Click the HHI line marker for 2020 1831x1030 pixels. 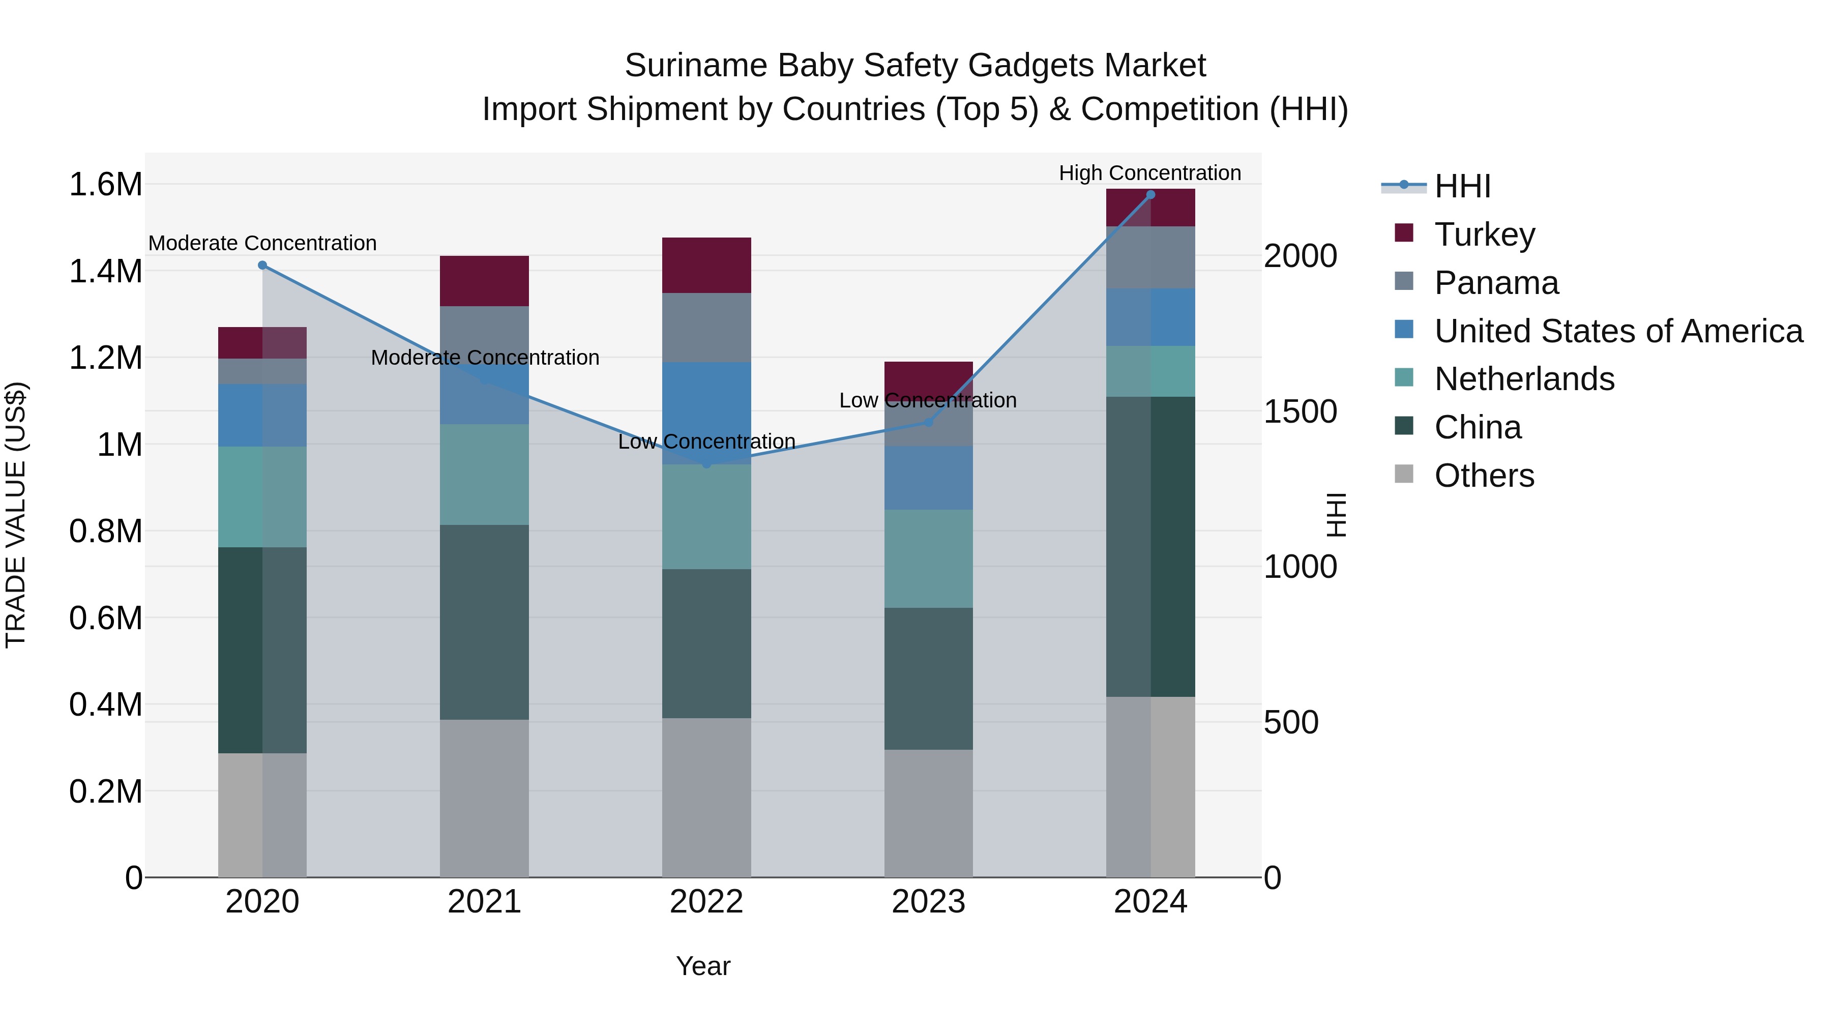[262, 265]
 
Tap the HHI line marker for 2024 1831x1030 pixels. [1151, 195]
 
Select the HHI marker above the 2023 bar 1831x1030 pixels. [928, 422]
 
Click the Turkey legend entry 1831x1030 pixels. [1484, 234]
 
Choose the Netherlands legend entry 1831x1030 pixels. [1524, 379]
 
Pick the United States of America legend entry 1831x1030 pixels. [1618, 331]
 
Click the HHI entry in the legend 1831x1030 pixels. [1462, 186]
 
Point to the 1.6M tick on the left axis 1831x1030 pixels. [105, 185]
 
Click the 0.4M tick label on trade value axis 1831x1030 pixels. [105, 704]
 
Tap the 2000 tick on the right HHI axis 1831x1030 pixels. [1300, 256]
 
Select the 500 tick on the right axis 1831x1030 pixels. [1291, 722]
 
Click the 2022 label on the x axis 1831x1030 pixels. [706, 902]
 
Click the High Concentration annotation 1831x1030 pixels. [1149, 173]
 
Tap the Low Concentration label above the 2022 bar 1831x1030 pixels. [706, 442]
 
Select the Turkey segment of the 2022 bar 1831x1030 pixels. [706, 265]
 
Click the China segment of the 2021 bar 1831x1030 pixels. [484, 622]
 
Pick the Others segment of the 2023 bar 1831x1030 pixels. [928, 812]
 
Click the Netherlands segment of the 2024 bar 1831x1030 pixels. [1151, 371]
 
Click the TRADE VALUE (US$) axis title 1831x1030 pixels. [16, 515]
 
